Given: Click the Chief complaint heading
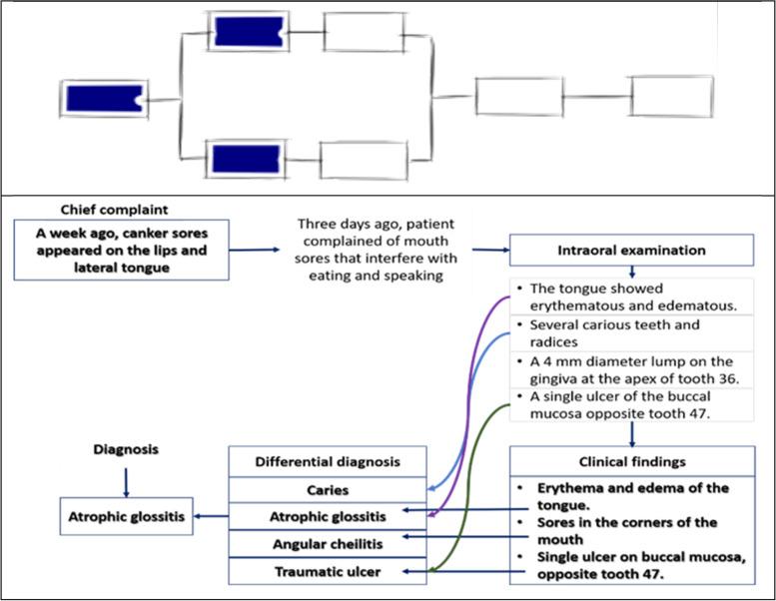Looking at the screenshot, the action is pyautogui.click(x=114, y=210).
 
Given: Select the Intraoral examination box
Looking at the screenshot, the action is pyautogui.click(x=631, y=250).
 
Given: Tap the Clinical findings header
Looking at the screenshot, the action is pyautogui.click(x=632, y=461).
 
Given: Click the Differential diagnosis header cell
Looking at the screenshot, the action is pyautogui.click(x=328, y=461).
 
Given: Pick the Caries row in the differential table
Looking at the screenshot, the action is pyautogui.click(x=328, y=490).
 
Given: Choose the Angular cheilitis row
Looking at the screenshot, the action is pyautogui.click(x=328, y=544).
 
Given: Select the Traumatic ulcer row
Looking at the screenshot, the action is pyautogui.click(x=328, y=572).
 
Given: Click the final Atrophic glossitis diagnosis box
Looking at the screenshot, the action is pyautogui.click(x=126, y=516).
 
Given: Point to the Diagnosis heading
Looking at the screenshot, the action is pyautogui.click(x=126, y=449).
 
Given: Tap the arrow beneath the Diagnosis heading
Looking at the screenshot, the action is pyautogui.click(x=126, y=482).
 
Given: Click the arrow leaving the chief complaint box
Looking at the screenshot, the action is pyautogui.click(x=255, y=250).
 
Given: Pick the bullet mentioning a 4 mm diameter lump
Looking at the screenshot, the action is pyautogui.click(x=627, y=370).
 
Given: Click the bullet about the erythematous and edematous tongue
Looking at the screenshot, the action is pyautogui.click(x=626, y=297).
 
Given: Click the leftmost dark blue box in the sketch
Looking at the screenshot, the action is pyautogui.click(x=105, y=99).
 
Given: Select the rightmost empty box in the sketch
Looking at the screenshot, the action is pyautogui.click(x=671, y=97).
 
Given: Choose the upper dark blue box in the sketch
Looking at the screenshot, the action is pyautogui.click(x=249, y=32).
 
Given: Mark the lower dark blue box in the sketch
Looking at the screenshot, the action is pyautogui.click(x=246, y=159).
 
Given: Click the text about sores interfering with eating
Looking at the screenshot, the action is pyautogui.click(x=376, y=250).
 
